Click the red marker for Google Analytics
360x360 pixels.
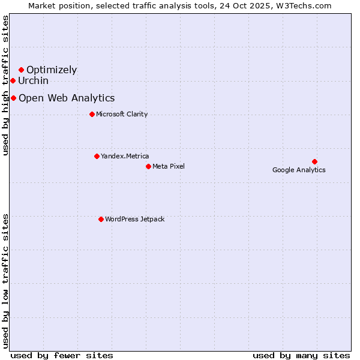(x=314, y=161)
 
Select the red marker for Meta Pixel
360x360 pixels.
(x=148, y=166)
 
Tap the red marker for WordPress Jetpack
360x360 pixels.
(x=101, y=219)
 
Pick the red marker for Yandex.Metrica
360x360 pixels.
(x=97, y=156)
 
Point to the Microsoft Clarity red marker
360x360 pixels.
(x=92, y=114)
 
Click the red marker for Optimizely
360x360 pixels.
(x=21, y=70)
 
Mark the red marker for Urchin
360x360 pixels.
(x=13, y=80)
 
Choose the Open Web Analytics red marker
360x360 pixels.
(x=13, y=98)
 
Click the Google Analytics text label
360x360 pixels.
(x=299, y=170)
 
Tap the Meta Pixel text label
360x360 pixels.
(x=169, y=166)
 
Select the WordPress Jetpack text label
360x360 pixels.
(x=134, y=219)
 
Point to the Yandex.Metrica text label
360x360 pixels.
(x=125, y=156)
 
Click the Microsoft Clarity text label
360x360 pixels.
(x=122, y=114)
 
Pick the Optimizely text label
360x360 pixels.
(x=52, y=70)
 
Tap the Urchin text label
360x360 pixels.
(x=33, y=80)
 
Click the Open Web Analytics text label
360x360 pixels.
(x=67, y=98)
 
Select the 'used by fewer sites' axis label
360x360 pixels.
(x=62, y=355)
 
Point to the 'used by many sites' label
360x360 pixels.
(x=301, y=355)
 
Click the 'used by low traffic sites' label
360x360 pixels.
(x=6, y=280)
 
